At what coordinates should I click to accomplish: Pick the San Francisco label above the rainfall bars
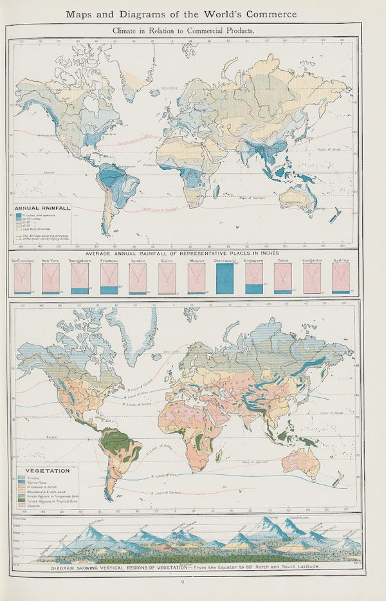pos(21,261)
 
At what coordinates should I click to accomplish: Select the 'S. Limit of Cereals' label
pos(166,492)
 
